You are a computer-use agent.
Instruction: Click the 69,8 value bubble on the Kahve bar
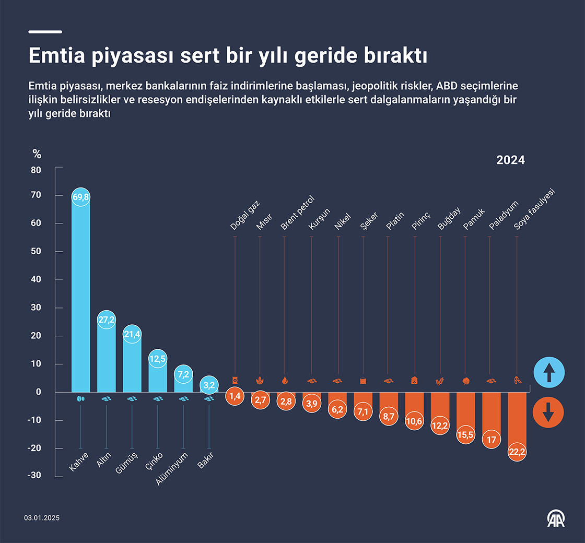80,197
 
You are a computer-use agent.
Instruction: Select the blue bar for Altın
106,360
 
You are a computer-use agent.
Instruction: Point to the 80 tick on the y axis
36,170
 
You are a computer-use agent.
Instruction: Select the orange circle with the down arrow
548,413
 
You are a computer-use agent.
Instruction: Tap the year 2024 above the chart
510,160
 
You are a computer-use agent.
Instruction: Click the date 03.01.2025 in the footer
42,518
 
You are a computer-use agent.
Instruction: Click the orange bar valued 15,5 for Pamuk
465,412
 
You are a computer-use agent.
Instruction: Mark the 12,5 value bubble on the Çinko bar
157,359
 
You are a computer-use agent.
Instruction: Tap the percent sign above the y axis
37,154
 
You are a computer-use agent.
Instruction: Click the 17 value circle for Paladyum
491,440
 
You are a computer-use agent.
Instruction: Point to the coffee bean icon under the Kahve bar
80,398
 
